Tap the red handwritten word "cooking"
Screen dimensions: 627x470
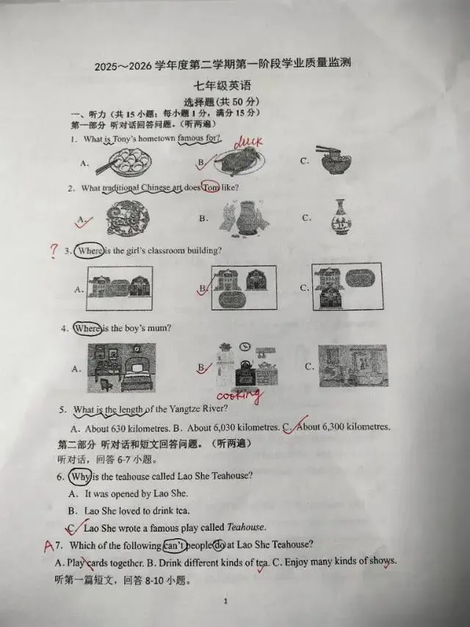[241, 396]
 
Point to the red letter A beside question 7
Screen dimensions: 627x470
[48, 546]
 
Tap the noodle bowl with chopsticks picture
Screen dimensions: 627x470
[335, 160]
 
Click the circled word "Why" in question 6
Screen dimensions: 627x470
[80, 476]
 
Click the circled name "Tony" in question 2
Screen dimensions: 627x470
[210, 188]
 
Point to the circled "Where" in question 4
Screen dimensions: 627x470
[87, 328]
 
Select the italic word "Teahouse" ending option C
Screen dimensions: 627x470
[245, 527]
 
